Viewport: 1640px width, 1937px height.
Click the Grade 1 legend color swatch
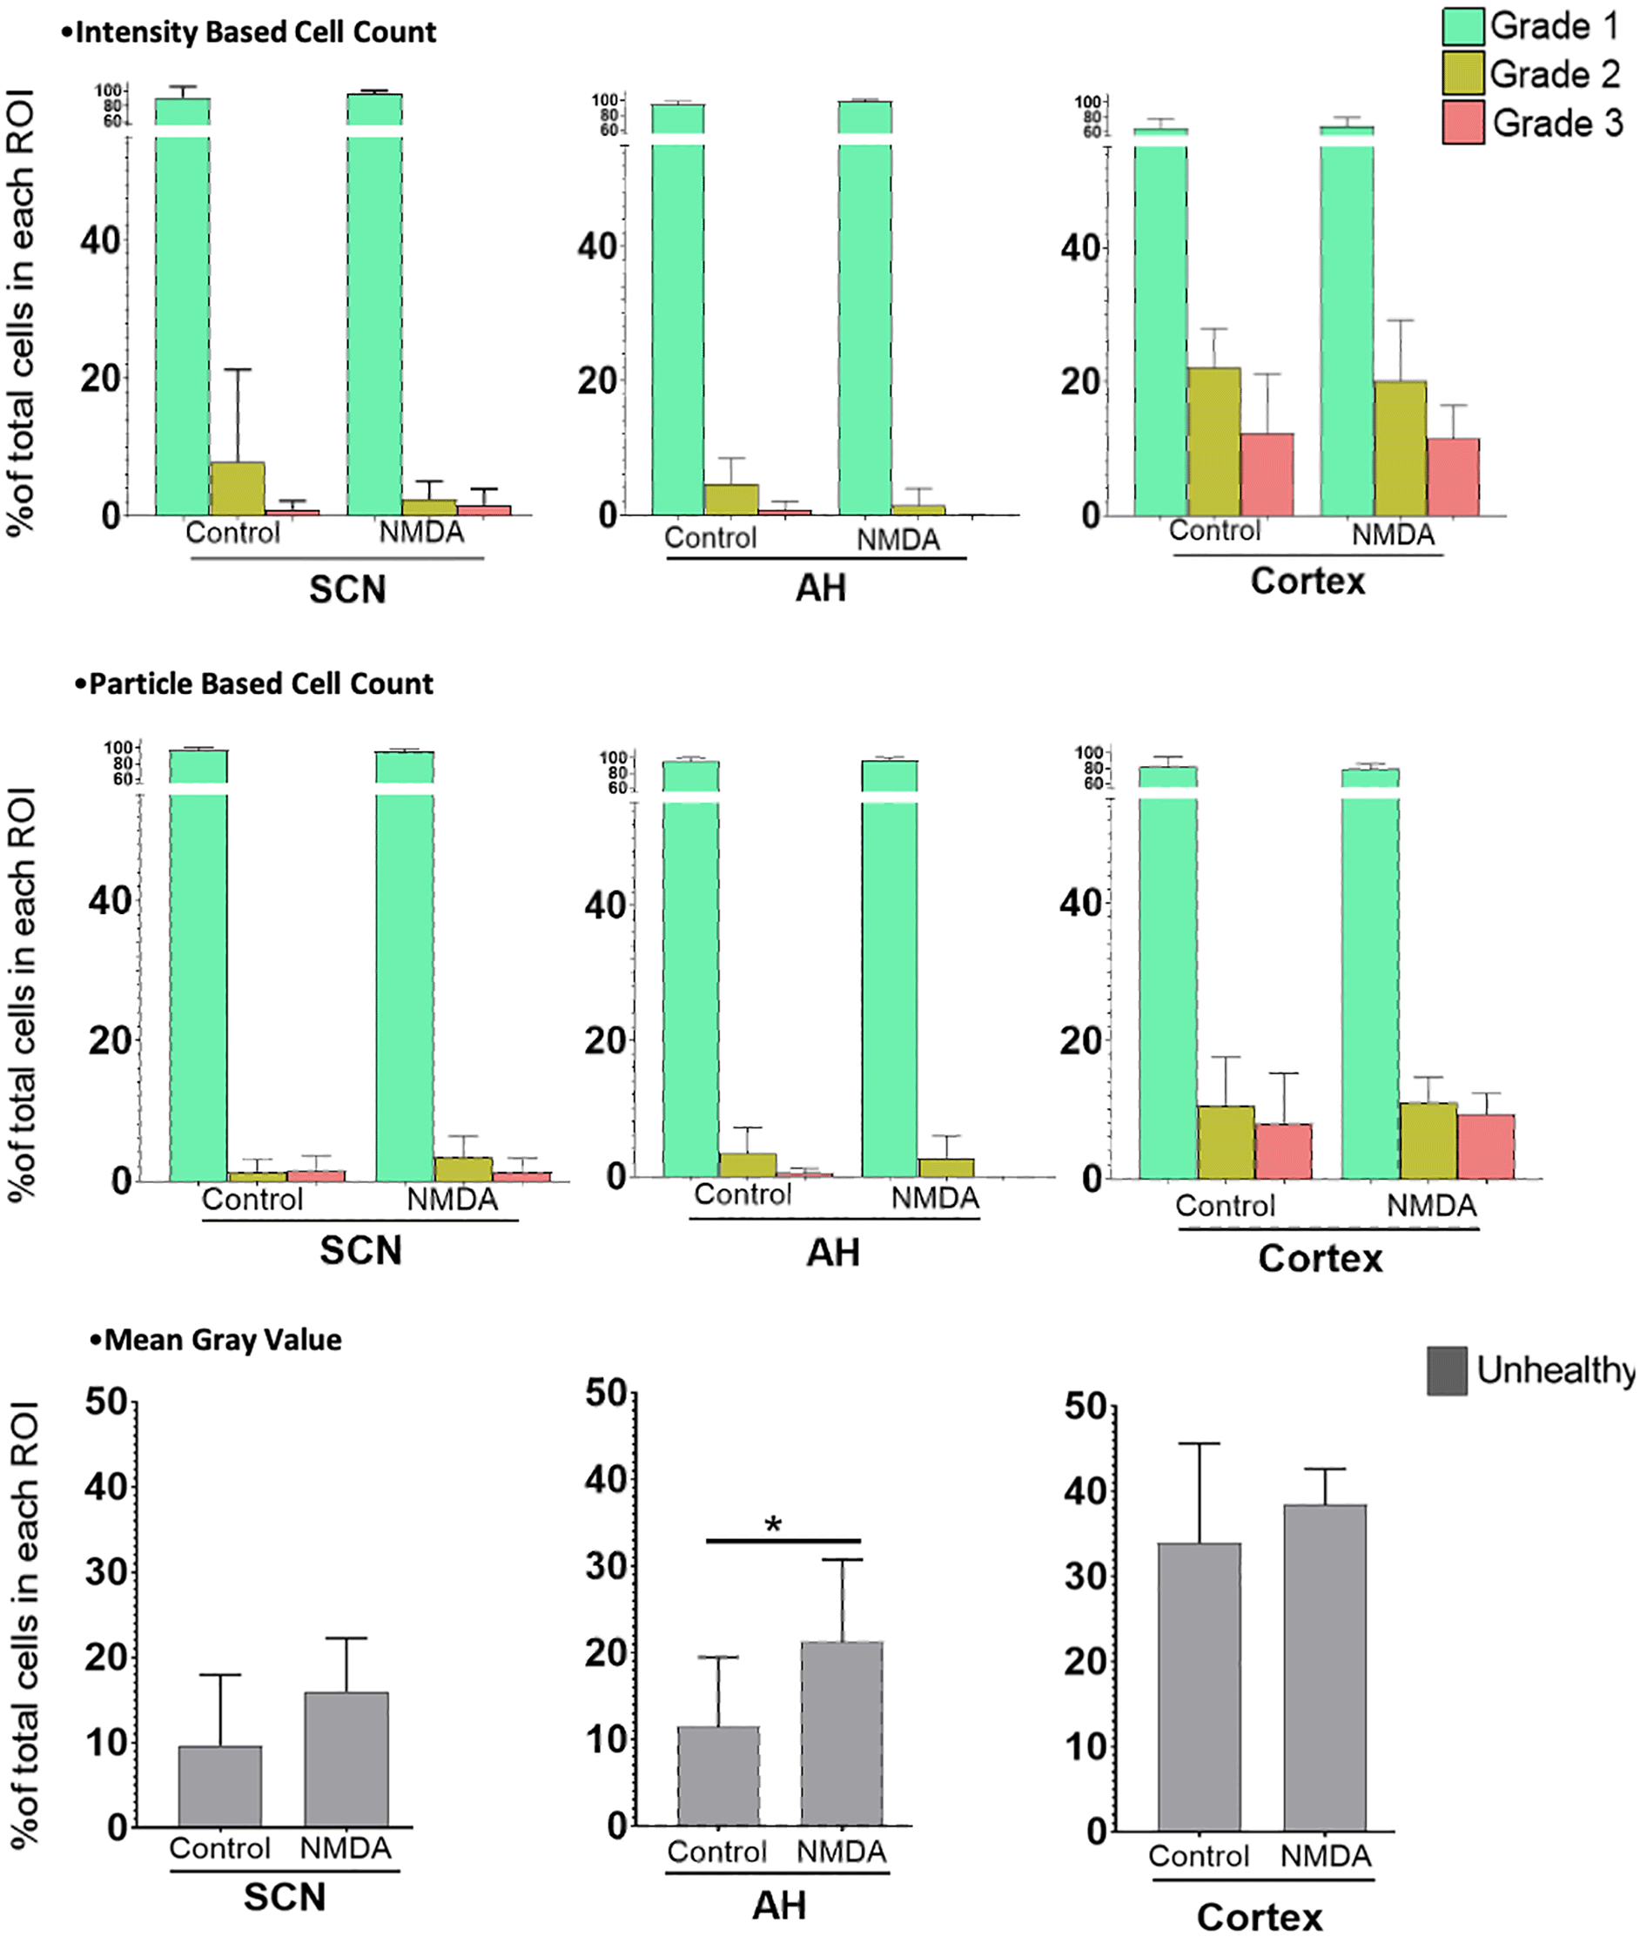(1462, 26)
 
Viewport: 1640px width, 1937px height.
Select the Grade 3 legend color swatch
(1462, 123)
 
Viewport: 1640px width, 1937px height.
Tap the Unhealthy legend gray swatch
(1447, 1370)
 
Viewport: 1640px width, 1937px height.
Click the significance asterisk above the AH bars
(773, 1526)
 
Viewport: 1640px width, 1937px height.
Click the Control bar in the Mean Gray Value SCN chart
(220, 1786)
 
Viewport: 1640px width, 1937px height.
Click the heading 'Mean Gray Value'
(222, 1340)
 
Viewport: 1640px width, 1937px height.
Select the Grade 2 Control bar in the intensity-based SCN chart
(238, 488)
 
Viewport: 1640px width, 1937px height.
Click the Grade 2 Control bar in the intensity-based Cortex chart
(1213, 441)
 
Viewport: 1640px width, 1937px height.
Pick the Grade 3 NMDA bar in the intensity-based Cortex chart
(1453, 476)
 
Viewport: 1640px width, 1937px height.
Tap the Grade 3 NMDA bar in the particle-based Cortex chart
(1486, 1146)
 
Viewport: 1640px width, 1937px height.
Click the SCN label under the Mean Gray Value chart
(285, 1897)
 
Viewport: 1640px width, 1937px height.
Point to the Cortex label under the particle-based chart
(1321, 1258)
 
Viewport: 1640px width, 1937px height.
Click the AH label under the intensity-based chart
(821, 588)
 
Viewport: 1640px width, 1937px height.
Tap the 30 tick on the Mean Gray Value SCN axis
(106, 1572)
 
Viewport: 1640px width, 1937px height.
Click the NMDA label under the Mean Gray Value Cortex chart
(1326, 1856)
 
